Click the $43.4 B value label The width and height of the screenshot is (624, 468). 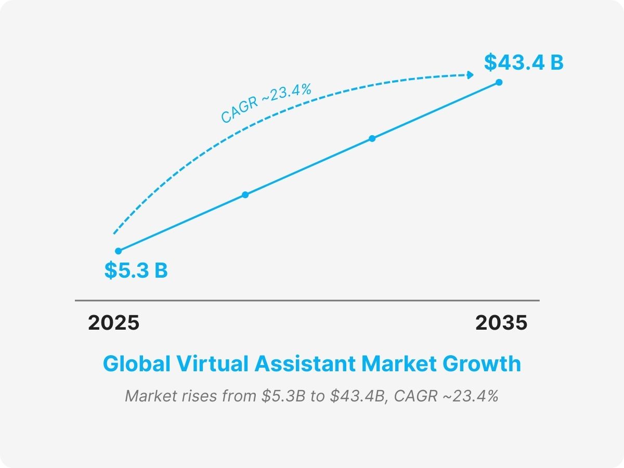(524, 62)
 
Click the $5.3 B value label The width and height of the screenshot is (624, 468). (136, 271)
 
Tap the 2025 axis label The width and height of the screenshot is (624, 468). (114, 323)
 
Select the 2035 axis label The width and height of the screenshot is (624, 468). (501, 323)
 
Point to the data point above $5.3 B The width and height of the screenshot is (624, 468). (119, 251)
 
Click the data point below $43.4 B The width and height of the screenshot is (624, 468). (499, 82)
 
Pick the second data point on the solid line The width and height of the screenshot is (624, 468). (245, 194)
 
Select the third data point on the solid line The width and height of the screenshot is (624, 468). (372, 138)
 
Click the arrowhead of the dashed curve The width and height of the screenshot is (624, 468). (471, 75)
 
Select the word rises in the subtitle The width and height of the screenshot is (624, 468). (201, 396)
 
